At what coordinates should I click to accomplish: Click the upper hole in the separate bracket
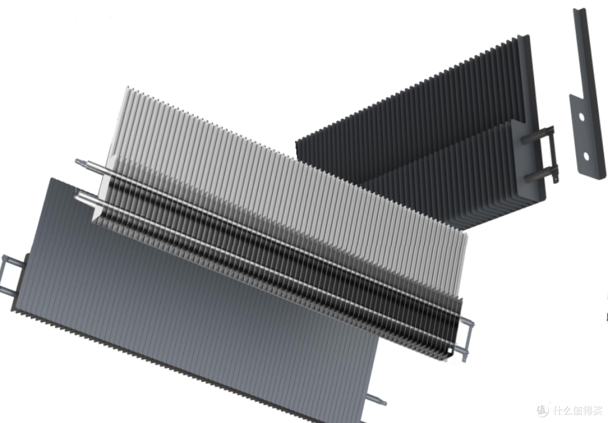tap(582, 117)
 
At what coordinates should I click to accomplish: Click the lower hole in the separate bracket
tap(586, 157)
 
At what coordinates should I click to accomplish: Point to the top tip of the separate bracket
tap(579, 8)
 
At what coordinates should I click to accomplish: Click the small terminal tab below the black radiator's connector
tap(556, 179)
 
